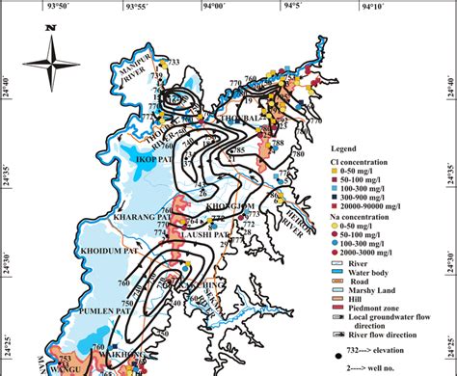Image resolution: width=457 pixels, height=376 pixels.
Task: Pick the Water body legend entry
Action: tap(362, 274)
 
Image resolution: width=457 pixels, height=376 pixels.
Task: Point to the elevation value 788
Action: tap(278, 143)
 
